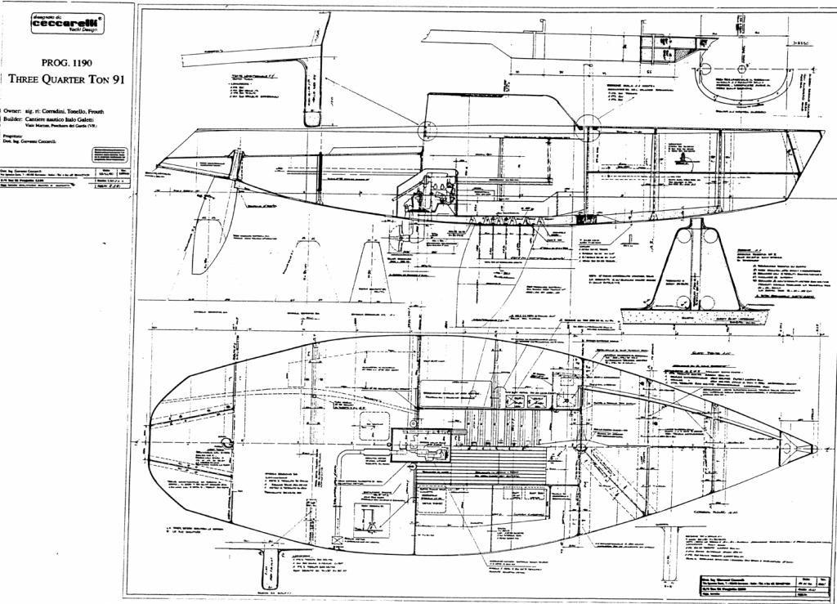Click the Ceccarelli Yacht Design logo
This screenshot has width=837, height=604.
[x=67, y=24]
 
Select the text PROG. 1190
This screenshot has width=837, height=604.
[x=66, y=62]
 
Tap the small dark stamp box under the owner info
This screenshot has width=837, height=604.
[x=109, y=154]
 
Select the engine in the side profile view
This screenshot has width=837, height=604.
[x=429, y=196]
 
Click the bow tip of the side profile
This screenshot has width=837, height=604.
[x=821, y=132]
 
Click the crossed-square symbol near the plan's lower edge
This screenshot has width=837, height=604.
[x=338, y=540]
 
